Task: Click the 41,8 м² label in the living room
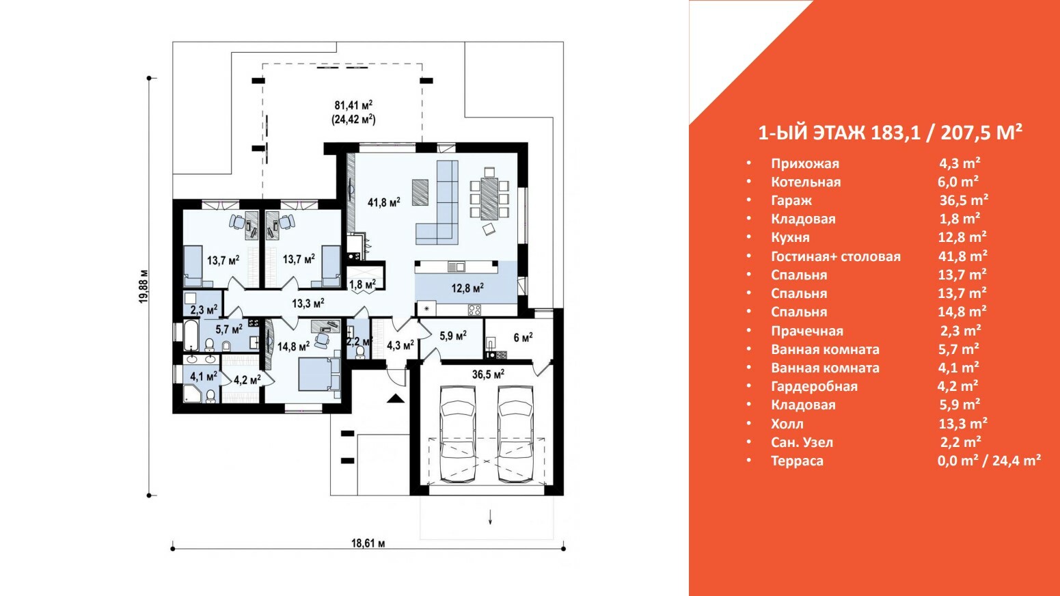coord(384,202)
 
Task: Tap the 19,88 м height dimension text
coord(144,286)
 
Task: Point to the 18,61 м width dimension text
coord(368,543)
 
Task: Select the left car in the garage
coord(458,434)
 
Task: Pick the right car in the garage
coord(515,434)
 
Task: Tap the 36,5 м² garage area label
coord(488,375)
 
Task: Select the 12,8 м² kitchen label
coord(467,288)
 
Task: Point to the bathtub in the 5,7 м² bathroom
coord(191,335)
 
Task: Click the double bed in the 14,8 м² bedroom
coord(319,374)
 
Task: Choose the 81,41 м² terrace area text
coord(353,105)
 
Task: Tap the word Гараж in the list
coord(791,200)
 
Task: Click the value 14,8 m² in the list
coord(962,312)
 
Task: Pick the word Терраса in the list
coord(797,461)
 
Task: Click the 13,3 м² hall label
coord(308,303)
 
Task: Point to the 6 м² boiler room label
coord(523,338)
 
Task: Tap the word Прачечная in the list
coord(807,330)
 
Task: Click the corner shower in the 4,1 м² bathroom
coord(191,394)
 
